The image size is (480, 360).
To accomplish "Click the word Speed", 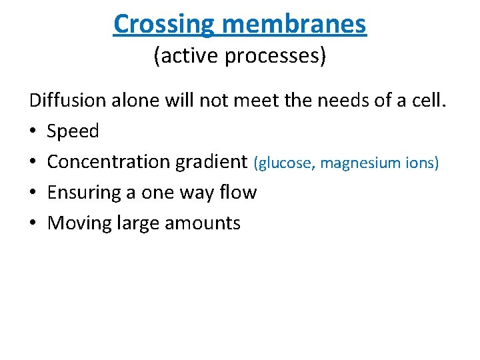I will click(x=73, y=131).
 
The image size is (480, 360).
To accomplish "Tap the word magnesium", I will click(x=361, y=163).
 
